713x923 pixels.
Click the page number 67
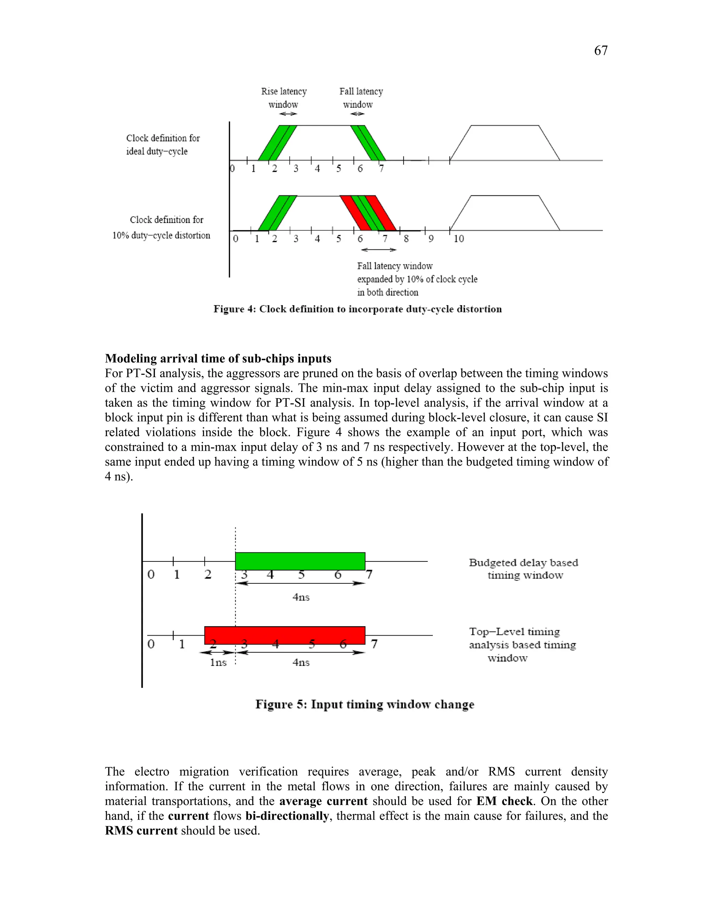[601, 51]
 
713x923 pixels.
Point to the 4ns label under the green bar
[301, 597]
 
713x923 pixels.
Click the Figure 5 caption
[365, 705]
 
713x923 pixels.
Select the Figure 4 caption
[357, 309]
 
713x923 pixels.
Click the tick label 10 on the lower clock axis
[459, 239]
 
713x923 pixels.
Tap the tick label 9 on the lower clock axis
[431, 239]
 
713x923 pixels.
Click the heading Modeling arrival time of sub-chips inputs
[218, 358]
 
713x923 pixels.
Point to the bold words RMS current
[141, 830]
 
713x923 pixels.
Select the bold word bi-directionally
[287, 816]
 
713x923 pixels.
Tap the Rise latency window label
[284, 98]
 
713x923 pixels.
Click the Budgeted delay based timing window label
[523, 569]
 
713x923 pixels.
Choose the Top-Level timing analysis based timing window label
[523, 644]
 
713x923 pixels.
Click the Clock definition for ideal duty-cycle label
[163, 145]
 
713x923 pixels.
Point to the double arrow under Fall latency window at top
[357, 114]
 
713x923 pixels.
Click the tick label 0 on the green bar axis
[151, 574]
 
